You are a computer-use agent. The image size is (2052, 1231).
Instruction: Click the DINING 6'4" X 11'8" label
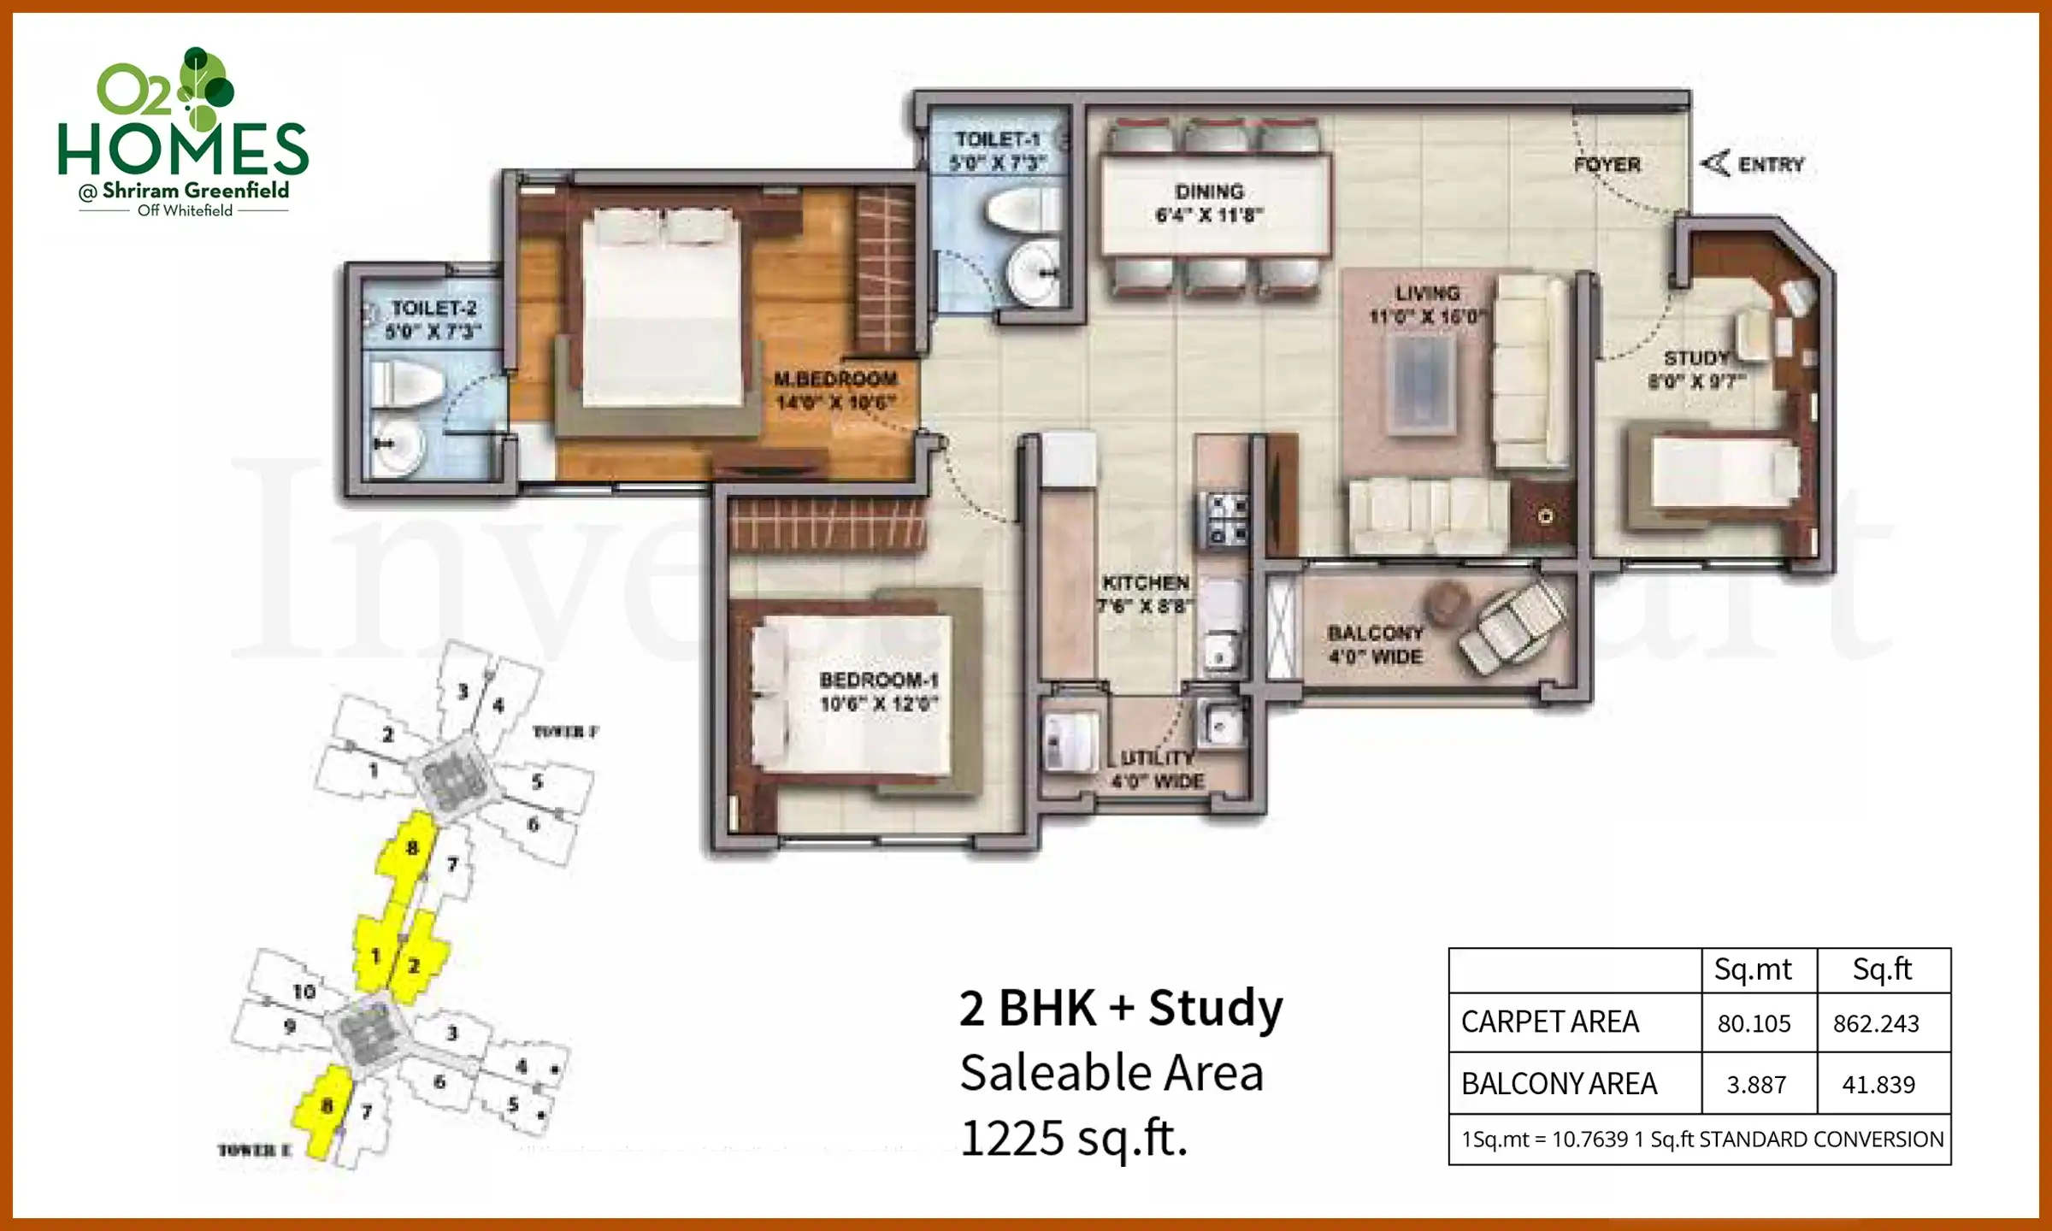pos(1209,203)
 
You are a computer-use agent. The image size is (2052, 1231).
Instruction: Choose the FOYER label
pos(1607,165)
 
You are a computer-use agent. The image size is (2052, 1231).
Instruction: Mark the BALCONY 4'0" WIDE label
pos(1375,645)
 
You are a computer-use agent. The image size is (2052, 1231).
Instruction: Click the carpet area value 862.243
pos(1876,1023)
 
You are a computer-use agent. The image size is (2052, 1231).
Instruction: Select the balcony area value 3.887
pos(1756,1085)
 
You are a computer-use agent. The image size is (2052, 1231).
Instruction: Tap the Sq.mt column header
pos(1753,969)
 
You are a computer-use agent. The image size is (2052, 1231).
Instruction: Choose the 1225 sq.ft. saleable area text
pos(1074,1138)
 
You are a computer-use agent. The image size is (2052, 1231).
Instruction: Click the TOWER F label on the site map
pos(565,732)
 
